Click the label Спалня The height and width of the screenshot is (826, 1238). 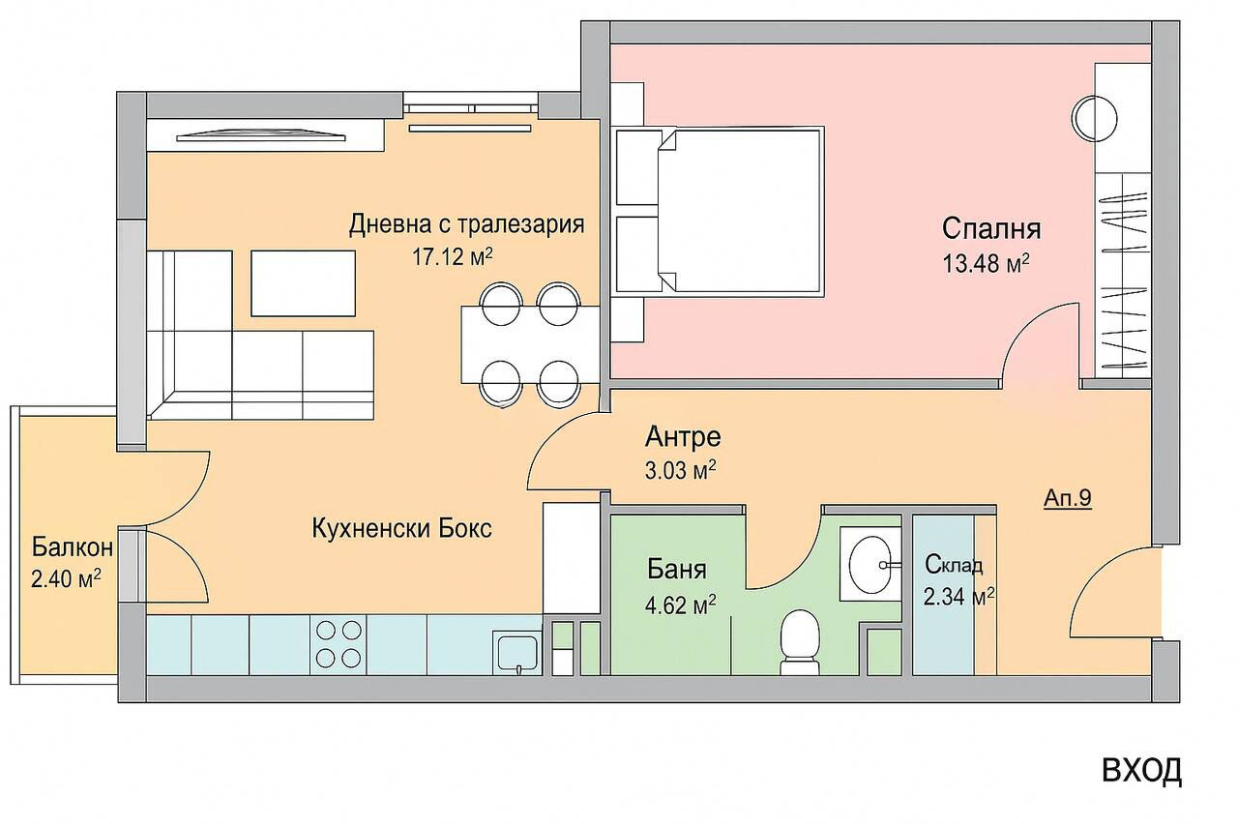pos(991,229)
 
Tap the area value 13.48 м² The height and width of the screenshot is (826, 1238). pos(985,263)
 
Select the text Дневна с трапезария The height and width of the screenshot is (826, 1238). pos(467,225)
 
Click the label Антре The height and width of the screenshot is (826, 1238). pos(683,437)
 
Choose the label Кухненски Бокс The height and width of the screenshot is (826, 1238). pos(402,529)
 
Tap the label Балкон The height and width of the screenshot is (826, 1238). pos(73,547)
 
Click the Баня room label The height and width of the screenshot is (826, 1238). pos(676,569)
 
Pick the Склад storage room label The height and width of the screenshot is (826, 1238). pos(954,565)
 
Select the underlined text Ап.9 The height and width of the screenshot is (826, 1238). pos(1068,500)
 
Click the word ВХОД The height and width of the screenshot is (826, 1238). pos(1141,770)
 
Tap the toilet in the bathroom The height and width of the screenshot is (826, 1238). pos(800,642)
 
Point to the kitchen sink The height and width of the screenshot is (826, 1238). pos(518,652)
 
